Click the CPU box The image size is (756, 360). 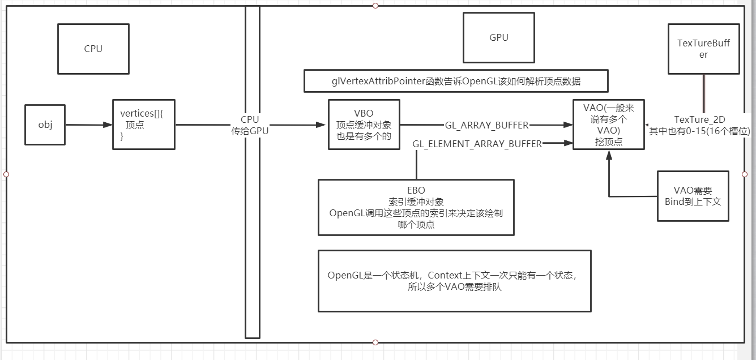pyautogui.click(x=93, y=49)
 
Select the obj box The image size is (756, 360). pyautogui.click(x=45, y=125)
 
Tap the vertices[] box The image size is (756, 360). pyautogui.click(x=143, y=125)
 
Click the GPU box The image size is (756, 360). pyautogui.click(x=498, y=38)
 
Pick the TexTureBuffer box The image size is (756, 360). pyautogui.click(x=703, y=49)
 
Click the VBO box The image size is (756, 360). pyautogui.click(x=364, y=125)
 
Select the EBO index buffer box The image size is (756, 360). pyautogui.click(x=416, y=207)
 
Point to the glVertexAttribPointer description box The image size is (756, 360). pyautogui.click(x=456, y=82)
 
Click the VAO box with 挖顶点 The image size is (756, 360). pyautogui.click(x=609, y=125)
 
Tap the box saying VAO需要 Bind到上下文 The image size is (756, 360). pyautogui.click(x=693, y=196)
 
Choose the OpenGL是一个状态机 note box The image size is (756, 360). pyautogui.click(x=454, y=281)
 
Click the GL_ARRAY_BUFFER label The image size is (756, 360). pyautogui.click(x=486, y=125)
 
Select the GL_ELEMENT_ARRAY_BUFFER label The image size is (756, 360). pyautogui.click(x=477, y=144)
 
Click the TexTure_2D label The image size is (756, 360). pyautogui.click(x=699, y=119)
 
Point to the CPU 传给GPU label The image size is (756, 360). pyautogui.click(x=249, y=125)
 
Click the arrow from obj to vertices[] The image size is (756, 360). pyautogui.click(x=88, y=125)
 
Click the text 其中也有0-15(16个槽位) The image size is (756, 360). pyautogui.click(x=699, y=131)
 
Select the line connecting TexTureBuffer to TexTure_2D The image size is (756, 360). pyautogui.click(x=704, y=93)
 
